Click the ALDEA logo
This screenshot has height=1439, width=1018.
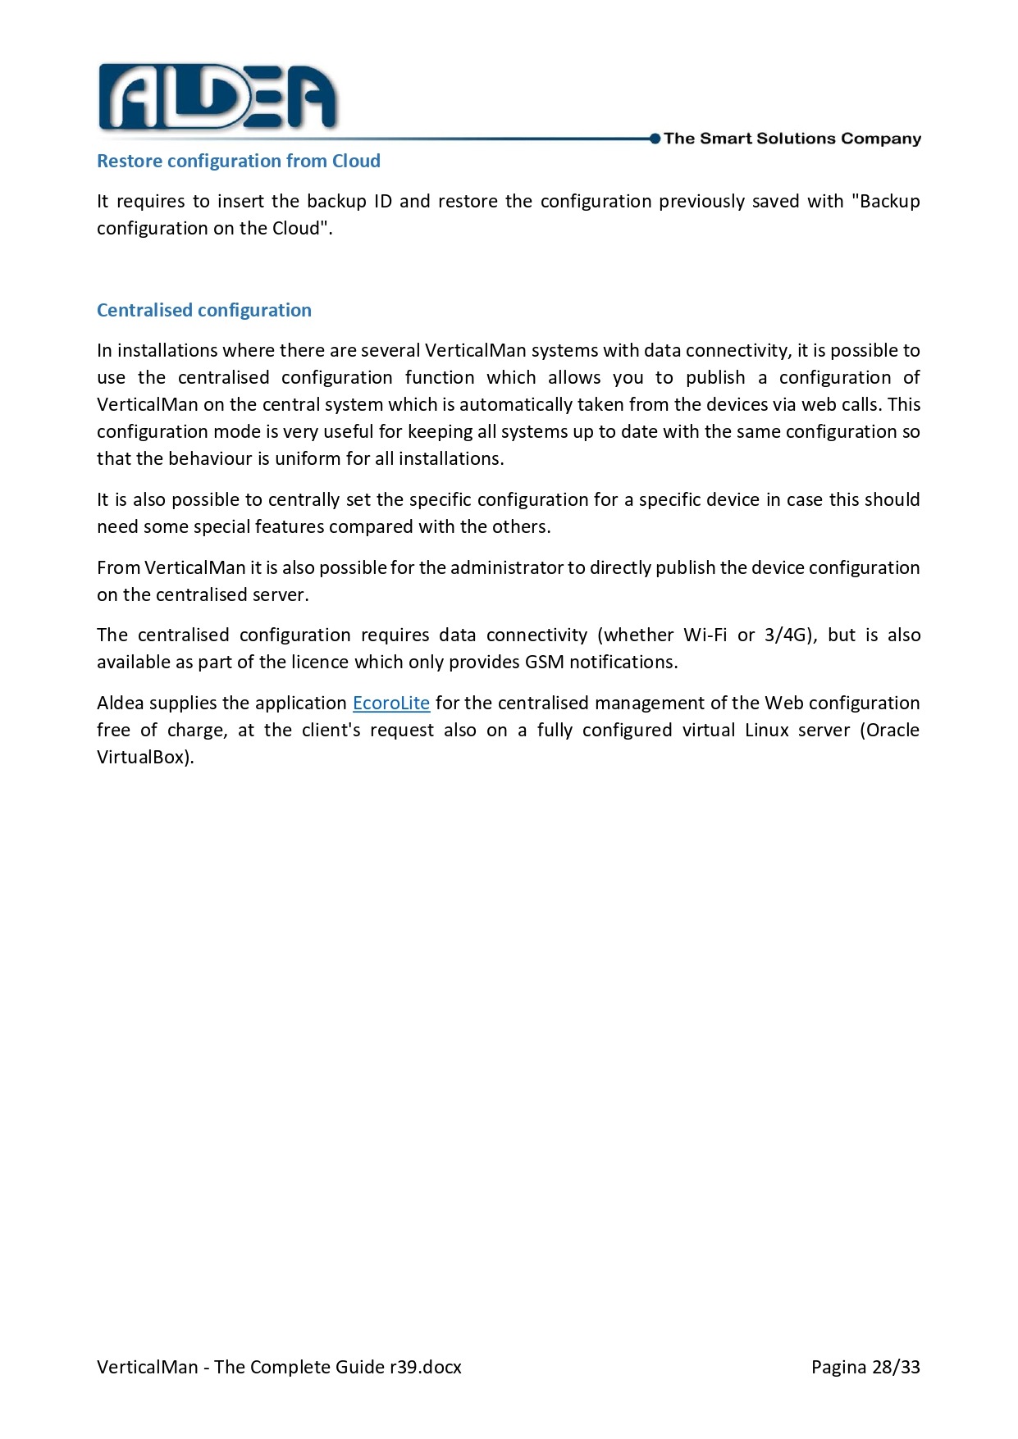point(217,98)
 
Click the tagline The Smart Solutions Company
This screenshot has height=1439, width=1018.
point(792,139)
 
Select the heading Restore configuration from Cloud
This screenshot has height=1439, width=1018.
point(239,161)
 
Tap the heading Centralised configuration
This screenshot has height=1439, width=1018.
point(204,310)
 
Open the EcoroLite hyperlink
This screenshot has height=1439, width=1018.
point(391,703)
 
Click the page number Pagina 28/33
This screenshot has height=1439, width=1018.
point(865,1367)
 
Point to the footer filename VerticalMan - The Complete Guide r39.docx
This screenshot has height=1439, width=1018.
point(279,1367)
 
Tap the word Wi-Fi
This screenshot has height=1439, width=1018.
point(705,635)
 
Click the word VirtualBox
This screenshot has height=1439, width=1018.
point(144,757)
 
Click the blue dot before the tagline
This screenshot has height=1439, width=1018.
point(655,139)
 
